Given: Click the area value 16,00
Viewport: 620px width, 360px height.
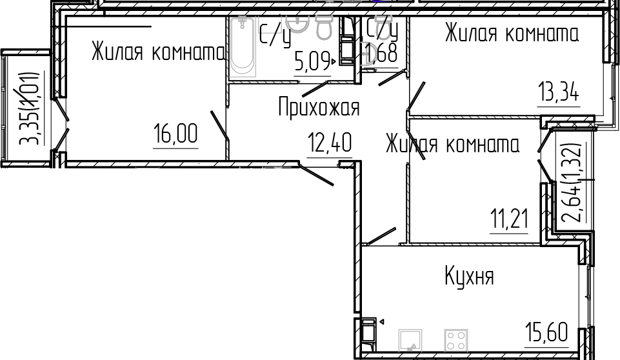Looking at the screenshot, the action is point(175,134).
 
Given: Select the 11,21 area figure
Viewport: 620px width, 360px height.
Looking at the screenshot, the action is point(509,219).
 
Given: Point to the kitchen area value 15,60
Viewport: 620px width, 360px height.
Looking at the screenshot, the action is point(546,332).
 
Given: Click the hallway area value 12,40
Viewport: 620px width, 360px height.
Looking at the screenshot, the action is point(330,143).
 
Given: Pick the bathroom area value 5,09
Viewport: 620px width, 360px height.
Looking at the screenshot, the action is point(312,62).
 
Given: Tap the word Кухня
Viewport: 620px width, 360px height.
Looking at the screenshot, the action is point(469,275).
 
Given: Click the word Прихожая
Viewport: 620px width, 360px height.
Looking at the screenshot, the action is point(319,107).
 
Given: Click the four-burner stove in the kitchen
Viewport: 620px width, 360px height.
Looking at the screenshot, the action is point(456,340).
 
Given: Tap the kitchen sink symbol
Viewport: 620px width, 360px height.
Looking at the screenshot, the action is point(410,340).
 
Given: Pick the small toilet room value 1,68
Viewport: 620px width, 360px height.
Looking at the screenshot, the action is point(381,53).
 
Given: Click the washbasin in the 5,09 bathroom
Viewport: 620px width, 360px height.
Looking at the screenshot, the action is point(297,24).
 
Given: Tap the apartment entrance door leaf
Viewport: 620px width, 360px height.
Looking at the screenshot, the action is point(316,175).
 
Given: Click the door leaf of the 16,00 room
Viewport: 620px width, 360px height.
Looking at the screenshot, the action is point(219,125).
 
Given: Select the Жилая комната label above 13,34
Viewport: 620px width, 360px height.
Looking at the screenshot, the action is point(512,33).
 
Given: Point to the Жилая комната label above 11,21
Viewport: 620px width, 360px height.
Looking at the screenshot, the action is point(452,144).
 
